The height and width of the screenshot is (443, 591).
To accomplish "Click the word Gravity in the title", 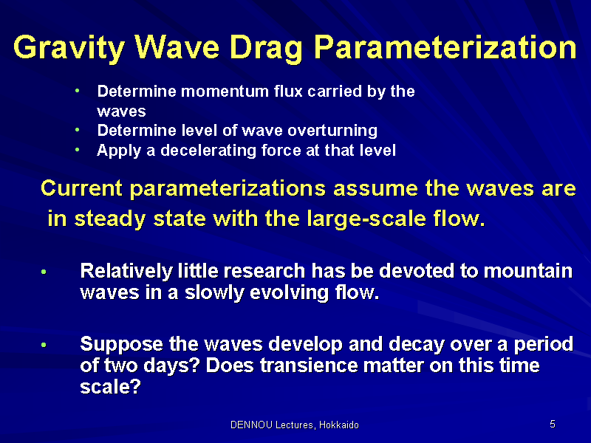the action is pyautogui.click(x=69, y=48).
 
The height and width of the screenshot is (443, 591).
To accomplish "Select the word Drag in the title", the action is pyautogui.click(x=266, y=48).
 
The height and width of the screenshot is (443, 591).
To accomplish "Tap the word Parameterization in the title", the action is pyautogui.click(x=445, y=47).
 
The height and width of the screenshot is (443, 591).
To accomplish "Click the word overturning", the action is pyautogui.click(x=332, y=131).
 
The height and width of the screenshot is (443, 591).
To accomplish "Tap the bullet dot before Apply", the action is pyautogui.click(x=78, y=150).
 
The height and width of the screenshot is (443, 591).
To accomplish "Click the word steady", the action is pyautogui.click(x=110, y=219).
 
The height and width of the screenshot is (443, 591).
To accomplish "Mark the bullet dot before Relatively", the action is pyautogui.click(x=44, y=272).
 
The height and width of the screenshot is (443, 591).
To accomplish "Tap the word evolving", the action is pyautogui.click(x=289, y=292).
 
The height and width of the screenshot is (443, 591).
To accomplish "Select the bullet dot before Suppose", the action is pyautogui.click(x=44, y=345).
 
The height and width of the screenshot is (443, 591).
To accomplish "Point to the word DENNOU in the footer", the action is pyautogui.click(x=251, y=425).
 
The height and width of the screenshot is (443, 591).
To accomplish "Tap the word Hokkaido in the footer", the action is pyautogui.click(x=339, y=425).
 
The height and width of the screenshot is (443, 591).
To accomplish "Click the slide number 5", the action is pyautogui.click(x=553, y=424).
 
